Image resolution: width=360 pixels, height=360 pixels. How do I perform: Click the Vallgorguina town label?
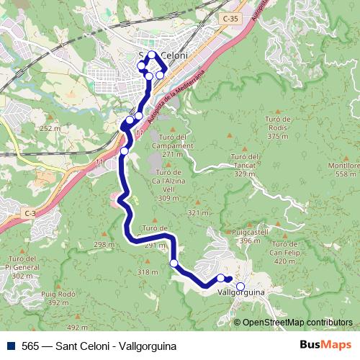(240, 293)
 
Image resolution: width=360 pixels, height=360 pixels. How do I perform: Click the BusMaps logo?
(327, 346)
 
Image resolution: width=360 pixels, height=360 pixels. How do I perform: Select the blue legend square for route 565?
(10, 346)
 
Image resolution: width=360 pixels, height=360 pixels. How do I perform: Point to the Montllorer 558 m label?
(343, 169)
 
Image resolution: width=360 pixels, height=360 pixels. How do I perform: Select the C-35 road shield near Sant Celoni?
(230, 19)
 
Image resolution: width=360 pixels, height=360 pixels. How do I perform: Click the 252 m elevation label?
(50, 128)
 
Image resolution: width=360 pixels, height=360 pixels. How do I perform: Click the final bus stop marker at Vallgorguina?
(240, 287)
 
